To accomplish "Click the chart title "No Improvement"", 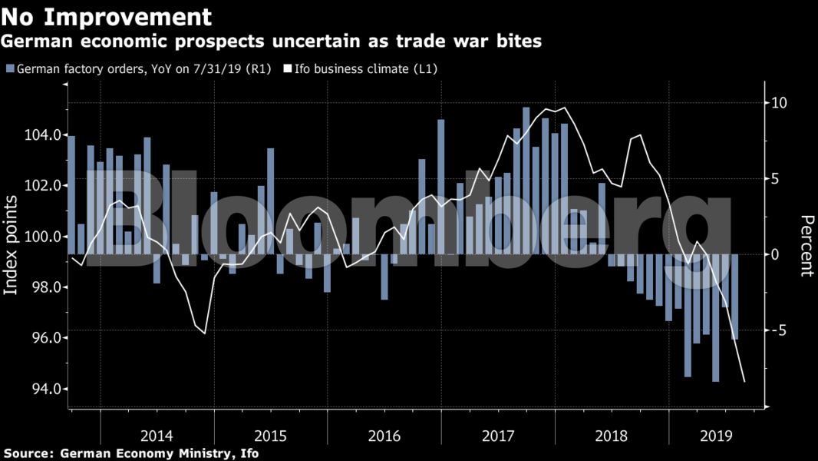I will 106,15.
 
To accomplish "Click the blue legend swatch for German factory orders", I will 9,69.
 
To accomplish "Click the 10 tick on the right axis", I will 780,103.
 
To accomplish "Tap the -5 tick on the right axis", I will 780,330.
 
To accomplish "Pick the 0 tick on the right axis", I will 776,254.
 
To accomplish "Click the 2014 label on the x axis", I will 157,436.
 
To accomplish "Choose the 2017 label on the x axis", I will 498,436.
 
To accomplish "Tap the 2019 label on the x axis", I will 717,436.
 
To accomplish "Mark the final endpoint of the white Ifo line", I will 744,381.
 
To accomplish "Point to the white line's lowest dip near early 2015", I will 204,333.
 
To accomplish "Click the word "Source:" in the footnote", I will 28,453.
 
